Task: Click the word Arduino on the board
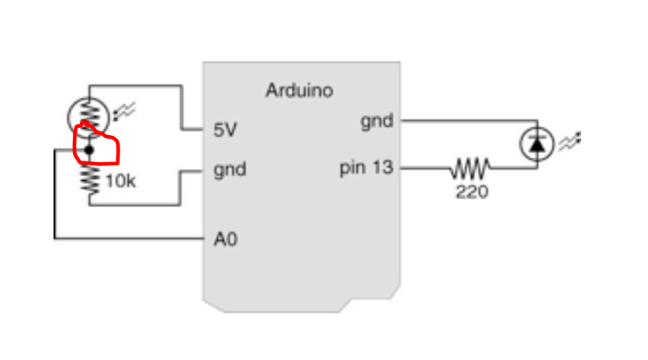coord(300,91)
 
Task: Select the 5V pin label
coord(225,130)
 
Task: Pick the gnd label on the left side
coord(230,169)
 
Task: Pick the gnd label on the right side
coord(376,121)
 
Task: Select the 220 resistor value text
coord(472,191)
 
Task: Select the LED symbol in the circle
coord(536,144)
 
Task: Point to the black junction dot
coord(89,149)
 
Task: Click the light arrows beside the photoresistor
coord(124,113)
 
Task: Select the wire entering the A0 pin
coord(132,239)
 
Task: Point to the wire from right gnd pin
coord(466,121)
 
